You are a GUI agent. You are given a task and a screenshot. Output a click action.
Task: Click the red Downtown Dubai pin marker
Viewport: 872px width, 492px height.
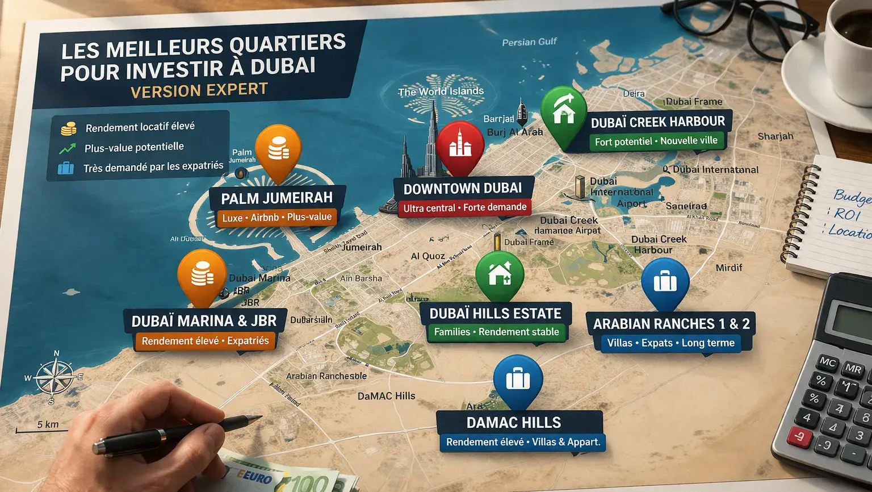tap(460, 145)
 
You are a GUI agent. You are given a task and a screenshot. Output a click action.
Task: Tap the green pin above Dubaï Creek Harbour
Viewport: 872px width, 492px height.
tap(563, 111)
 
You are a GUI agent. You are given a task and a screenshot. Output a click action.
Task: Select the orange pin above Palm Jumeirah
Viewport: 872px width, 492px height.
tap(278, 149)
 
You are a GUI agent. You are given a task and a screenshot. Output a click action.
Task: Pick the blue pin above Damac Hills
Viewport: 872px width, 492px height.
tap(518, 378)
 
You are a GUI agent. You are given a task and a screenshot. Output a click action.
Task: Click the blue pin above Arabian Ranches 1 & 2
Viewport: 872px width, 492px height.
tap(665, 281)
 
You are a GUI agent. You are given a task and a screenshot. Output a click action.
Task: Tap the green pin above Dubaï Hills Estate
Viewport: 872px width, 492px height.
tap(500, 274)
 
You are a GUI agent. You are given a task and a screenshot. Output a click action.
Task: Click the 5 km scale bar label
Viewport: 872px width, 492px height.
tap(48, 424)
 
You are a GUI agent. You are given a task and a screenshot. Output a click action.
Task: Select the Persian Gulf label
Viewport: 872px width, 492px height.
tap(529, 42)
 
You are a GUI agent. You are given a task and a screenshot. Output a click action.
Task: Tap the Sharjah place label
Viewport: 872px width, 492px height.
tap(775, 136)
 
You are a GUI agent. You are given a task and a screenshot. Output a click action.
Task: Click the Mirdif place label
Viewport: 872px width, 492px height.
tap(728, 268)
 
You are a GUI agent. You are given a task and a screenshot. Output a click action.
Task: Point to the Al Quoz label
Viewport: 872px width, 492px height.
tap(427, 256)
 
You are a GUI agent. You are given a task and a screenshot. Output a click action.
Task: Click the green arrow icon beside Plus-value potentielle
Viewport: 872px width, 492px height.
tap(67, 149)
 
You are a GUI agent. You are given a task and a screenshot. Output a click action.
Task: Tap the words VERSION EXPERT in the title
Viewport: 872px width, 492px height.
tap(199, 90)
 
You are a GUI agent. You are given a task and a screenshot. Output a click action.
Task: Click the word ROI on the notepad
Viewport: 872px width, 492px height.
tap(847, 214)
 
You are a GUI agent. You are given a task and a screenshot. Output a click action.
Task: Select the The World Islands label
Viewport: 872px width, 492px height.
tap(441, 91)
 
